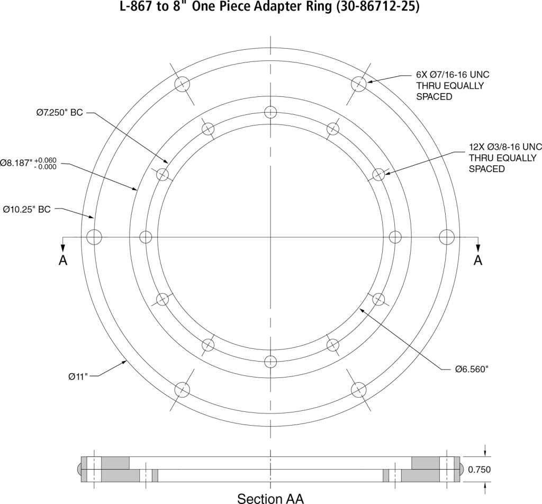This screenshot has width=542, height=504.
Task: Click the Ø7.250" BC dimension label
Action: tap(59, 113)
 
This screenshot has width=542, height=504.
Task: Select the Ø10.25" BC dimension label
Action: tap(26, 210)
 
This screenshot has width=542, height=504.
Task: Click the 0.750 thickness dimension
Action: tap(479, 470)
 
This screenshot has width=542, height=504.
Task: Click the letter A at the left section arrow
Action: tap(63, 260)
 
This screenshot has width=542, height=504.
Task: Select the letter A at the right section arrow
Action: tap(478, 260)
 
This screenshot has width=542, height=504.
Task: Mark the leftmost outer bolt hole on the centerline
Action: tap(94, 237)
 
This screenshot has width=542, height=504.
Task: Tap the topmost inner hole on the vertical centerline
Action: tap(270, 112)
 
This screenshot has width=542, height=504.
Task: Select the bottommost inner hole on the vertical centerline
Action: tap(270, 362)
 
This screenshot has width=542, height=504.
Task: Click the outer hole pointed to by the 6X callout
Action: tap(359, 84)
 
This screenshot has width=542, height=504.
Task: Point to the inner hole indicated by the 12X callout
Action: tap(378, 174)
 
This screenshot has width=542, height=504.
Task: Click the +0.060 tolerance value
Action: tap(46, 159)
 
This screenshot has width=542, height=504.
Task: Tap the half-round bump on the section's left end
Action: tap(79, 469)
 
